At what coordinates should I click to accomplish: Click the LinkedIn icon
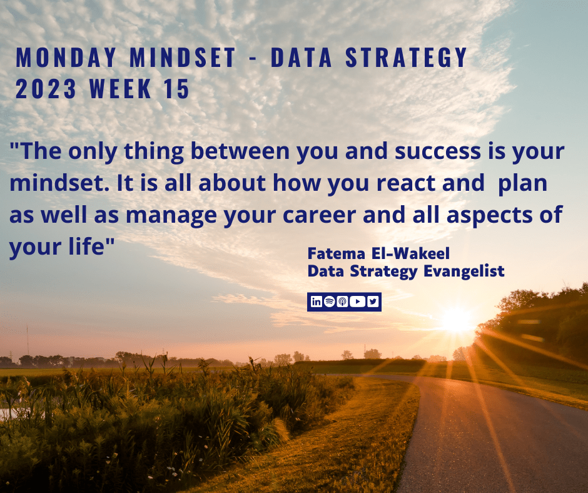pos(316,302)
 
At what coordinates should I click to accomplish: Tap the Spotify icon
pos(329,302)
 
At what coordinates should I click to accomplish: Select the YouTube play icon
pos(357,302)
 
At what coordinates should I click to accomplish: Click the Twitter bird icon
pos(373,302)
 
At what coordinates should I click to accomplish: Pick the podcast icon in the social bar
pos(342,302)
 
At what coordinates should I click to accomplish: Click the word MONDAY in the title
pos(66,58)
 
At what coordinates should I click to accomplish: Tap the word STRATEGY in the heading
pos(406,58)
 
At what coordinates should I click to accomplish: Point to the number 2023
pos(46,89)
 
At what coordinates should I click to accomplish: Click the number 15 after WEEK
pos(176,89)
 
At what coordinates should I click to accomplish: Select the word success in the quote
pos(438,151)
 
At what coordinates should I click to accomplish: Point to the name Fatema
pos(337,253)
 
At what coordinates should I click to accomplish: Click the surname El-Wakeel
pos(410,253)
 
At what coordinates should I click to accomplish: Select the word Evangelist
pos(464,272)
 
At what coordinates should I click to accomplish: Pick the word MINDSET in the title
pos(182,58)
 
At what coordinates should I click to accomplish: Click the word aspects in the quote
pos(489,216)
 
